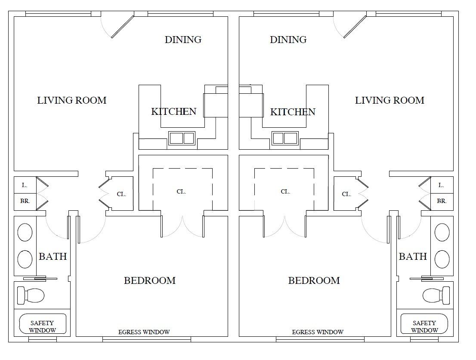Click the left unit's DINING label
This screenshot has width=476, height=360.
pyautogui.click(x=183, y=40)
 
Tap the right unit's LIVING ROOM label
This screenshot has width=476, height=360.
pyautogui.click(x=389, y=100)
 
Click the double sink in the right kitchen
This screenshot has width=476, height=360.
pyautogui.click(x=284, y=138)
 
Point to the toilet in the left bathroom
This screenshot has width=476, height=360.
pyautogui.click(x=31, y=295)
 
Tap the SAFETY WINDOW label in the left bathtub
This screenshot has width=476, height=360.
pyautogui.click(x=43, y=326)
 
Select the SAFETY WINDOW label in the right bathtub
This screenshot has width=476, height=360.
pyautogui.click(x=424, y=326)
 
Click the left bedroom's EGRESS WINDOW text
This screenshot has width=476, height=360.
pyautogui.click(x=144, y=332)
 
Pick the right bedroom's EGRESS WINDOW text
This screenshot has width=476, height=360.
pyautogui.click(x=318, y=332)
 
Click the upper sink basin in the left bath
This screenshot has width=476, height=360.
pyautogui.click(x=25, y=233)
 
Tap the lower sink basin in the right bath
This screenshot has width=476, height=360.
pyautogui.click(x=442, y=259)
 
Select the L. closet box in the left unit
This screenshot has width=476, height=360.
pyautogui.click(x=25, y=185)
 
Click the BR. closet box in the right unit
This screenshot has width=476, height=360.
pyautogui.click(x=442, y=201)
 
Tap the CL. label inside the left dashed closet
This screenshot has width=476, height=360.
pyautogui.click(x=181, y=191)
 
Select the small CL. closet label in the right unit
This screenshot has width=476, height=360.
pyautogui.click(x=346, y=194)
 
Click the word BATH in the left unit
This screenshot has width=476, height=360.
pyautogui.click(x=53, y=256)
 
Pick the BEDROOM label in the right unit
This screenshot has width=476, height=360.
pyautogui.click(x=314, y=280)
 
